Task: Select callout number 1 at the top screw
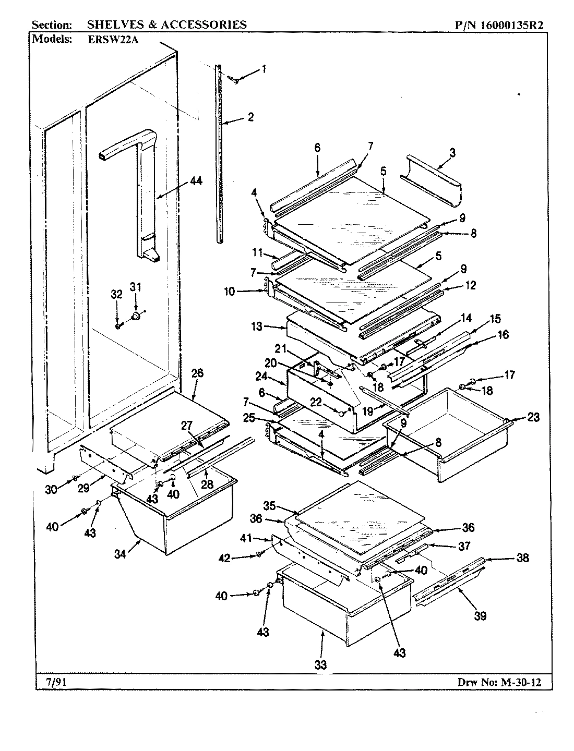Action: coord(264,68)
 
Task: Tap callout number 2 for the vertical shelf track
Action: coord(250,117)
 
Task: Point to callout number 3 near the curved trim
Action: coord(452,153)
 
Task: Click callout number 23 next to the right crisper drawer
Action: coord(533,417)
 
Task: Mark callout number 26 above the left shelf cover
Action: coord(197,373)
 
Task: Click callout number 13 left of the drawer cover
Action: coord(256,328)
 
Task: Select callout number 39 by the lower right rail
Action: coord(480,616)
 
